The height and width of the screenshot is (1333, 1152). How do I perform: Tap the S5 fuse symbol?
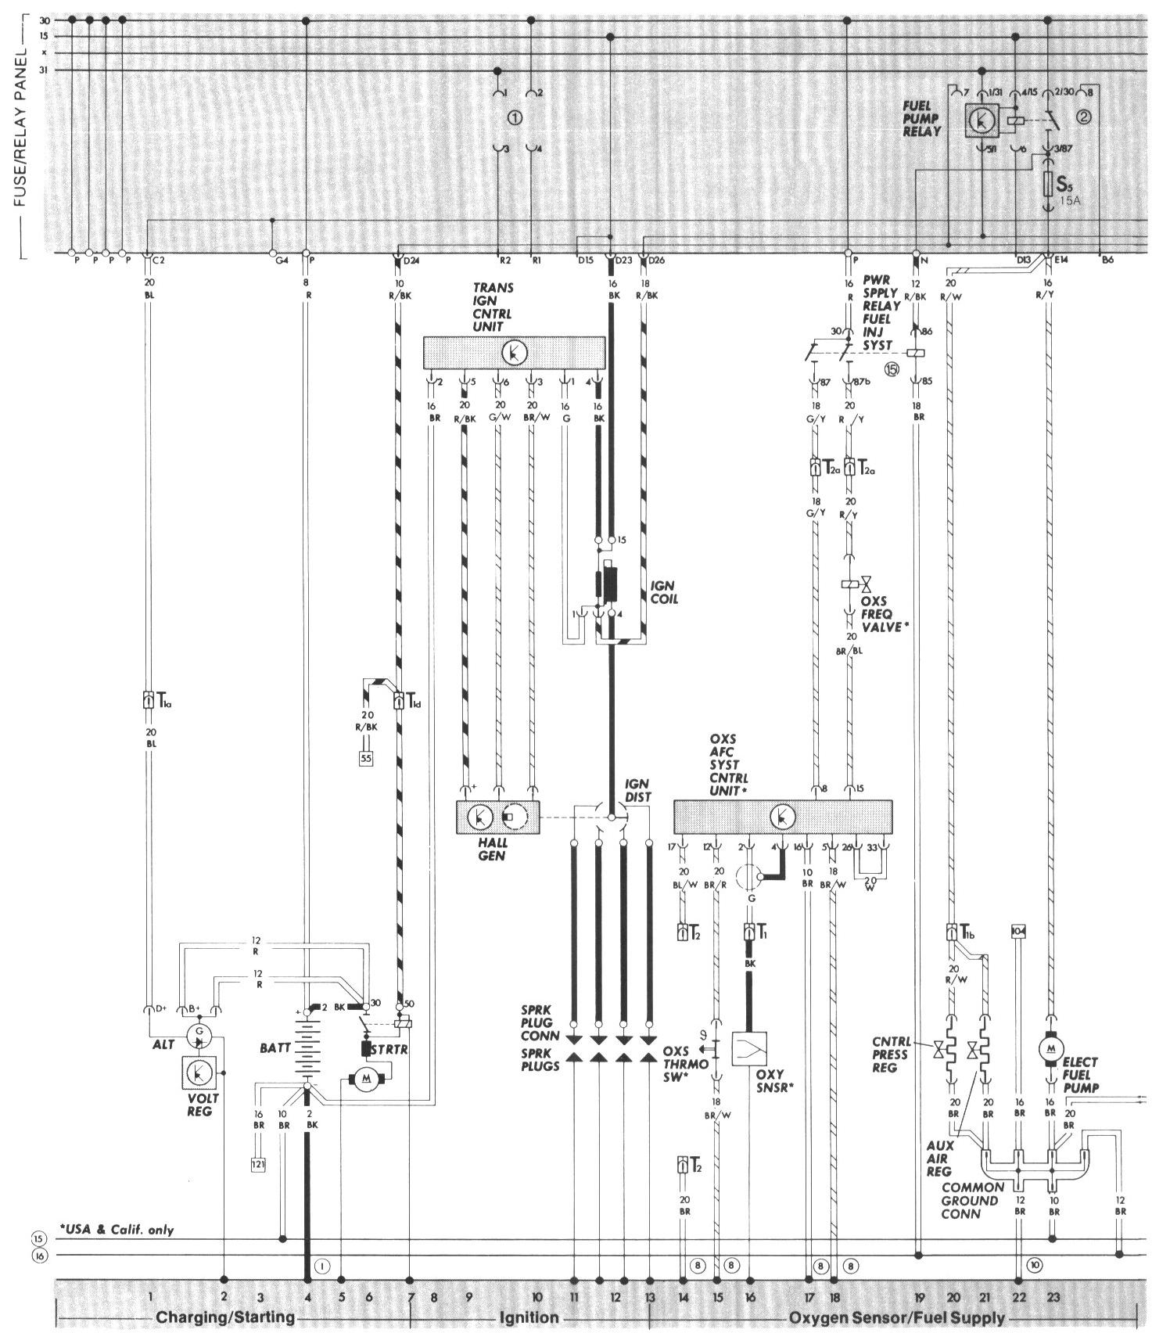[1050, 186]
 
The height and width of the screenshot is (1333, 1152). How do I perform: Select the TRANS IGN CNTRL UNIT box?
[514, 353]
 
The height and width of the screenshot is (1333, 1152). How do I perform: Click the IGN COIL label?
[662, 592]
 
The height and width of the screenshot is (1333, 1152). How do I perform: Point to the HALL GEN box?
[499, 817]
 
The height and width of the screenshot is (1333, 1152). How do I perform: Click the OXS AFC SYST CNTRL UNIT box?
[783, 817]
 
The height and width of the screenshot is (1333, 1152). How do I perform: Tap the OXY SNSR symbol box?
[748, 1048]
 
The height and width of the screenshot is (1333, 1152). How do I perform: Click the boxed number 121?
[259, 1164]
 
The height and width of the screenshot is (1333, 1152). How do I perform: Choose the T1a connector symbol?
[148, 700]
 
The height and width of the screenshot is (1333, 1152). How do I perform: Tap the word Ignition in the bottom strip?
[529, 1318]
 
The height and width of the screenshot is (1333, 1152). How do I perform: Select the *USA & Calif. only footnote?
[117, 1229]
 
